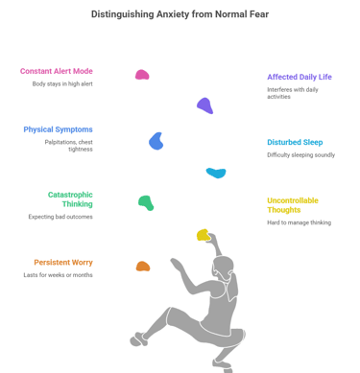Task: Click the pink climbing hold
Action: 142,75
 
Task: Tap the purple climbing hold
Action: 204,105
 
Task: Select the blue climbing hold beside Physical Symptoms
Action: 156,141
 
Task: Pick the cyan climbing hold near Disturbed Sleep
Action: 216,173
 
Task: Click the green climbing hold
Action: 146,202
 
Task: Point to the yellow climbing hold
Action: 203,234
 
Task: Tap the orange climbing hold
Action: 142,266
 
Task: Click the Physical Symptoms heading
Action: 58,129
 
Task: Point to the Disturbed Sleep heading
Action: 295,142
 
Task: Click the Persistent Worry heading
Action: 62,262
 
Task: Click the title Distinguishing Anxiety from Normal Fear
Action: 180,14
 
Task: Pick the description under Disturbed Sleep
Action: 300,154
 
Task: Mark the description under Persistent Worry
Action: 58,275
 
